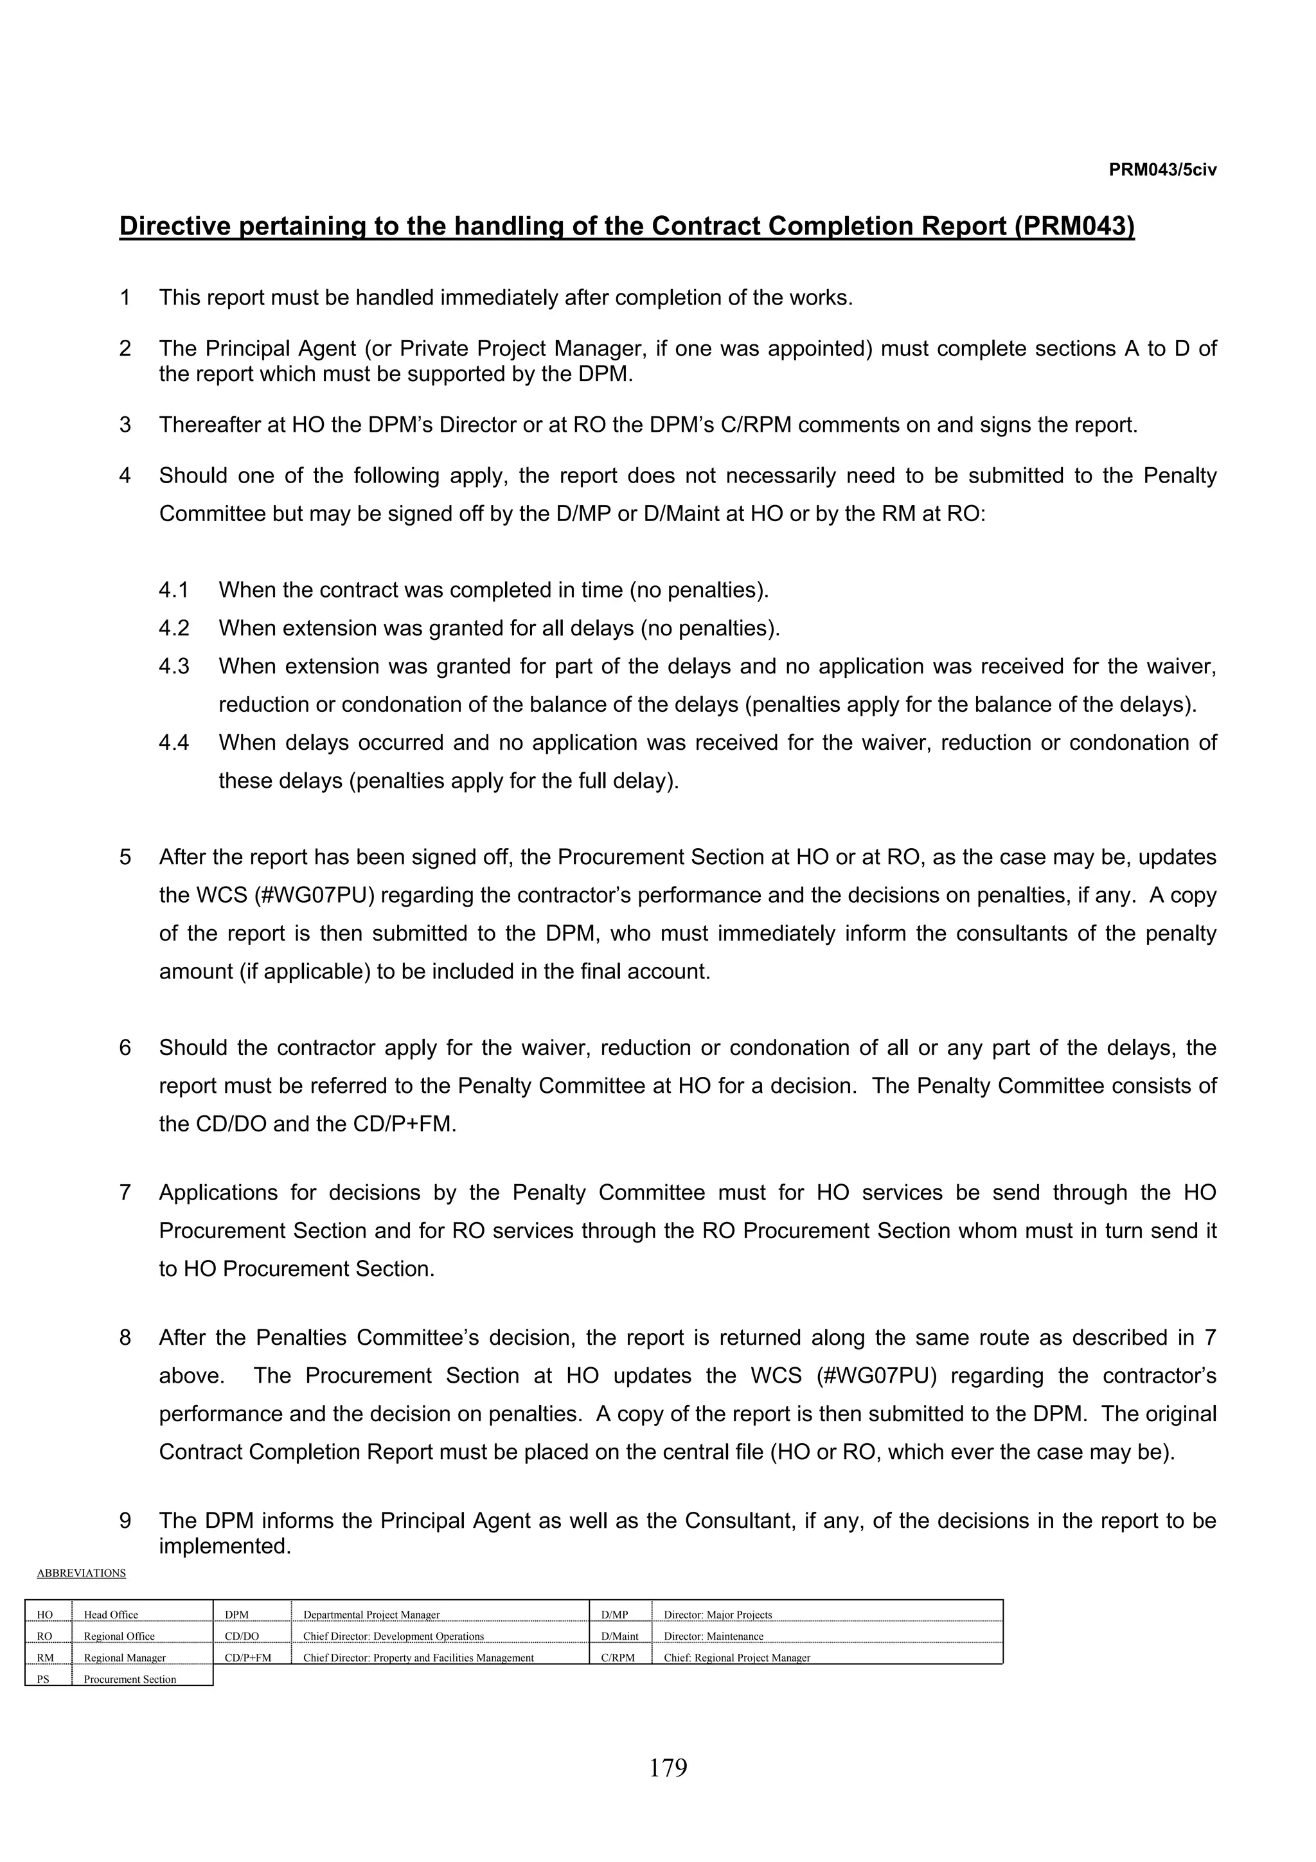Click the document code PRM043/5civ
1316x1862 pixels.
click(x=1162, y=170)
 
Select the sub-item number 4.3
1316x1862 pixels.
click(x=173, y=667)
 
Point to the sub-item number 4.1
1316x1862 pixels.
click(x=173, y=590)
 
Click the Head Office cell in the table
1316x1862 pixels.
click(x=111, y=1615)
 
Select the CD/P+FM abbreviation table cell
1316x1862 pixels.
click(x=248, y=1658)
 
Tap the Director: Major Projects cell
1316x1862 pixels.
click(x=718, y=1615)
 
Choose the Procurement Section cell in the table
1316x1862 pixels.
click(x=130, y=1680)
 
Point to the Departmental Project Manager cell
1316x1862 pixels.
click(x=371, y=1615)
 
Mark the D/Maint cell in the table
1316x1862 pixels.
click(x=619, y=1636)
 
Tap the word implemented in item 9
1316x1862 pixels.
click(x=223, y=1547)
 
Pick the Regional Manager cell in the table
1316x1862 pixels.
click(x=125, y=1658)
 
